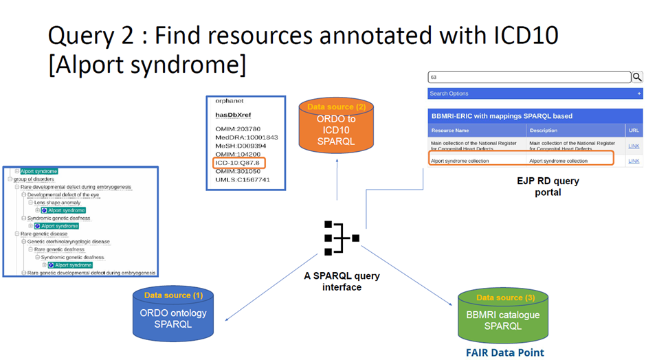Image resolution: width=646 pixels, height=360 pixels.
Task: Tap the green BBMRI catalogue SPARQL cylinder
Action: (503, 320)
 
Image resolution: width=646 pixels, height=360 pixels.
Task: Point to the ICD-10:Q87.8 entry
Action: (238, 163)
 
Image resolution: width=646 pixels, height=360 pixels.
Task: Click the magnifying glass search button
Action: (637, 78)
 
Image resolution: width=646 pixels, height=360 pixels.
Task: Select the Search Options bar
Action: (535, 93)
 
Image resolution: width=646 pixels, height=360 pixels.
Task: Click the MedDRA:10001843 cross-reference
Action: (246, 137)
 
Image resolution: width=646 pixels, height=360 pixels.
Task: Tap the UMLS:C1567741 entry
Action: (242, 180)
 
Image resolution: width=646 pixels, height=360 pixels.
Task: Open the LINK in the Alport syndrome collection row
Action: (634, 161)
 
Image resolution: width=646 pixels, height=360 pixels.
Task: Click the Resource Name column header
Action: (450, 131)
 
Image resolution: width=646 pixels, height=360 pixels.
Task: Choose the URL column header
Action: (634, 131)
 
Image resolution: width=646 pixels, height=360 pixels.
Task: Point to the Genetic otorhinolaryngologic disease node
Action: (69, 242)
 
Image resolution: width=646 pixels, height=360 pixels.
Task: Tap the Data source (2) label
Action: (336, 107)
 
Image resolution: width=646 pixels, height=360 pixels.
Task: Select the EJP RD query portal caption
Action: (548, 186)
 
